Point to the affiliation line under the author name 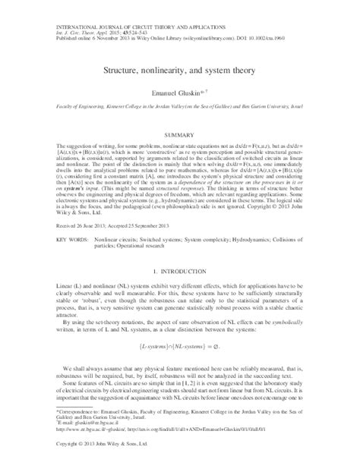(x=180, y=109)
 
